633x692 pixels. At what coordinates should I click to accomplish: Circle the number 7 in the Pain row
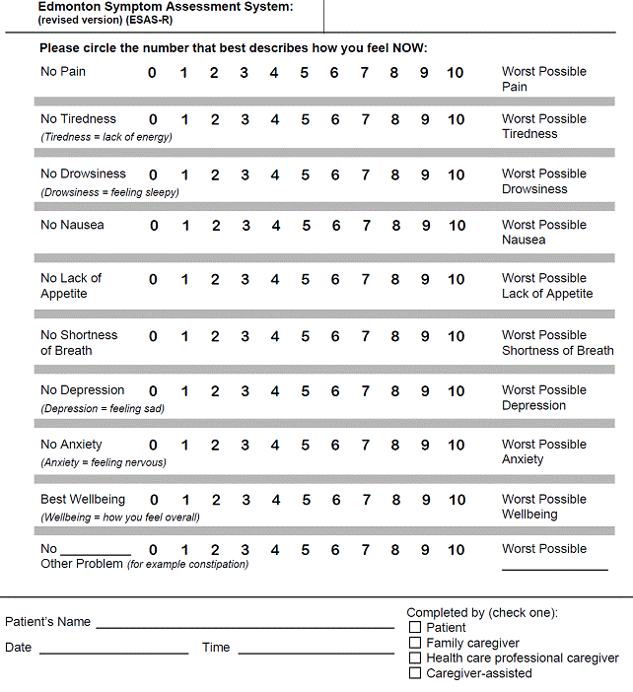point(365,72)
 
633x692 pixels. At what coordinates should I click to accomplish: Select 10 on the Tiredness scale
point(456,120)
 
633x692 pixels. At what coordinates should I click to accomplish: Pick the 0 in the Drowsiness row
point(153,175)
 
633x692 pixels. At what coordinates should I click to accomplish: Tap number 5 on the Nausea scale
point(306,226)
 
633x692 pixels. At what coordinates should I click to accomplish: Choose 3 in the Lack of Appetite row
point(246,280)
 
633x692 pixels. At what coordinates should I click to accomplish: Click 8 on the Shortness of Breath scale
point(395,336)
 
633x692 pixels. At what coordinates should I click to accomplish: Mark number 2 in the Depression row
point(215,391)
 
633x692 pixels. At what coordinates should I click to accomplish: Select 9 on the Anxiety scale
point(426,446)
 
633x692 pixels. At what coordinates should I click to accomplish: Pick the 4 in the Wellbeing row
point(276,500)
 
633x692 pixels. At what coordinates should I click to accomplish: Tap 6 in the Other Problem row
point(335,550)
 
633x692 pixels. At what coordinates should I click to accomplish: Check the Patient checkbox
point(415,628)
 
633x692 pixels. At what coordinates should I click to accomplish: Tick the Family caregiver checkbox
point(415,643)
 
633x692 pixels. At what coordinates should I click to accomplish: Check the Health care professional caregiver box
point(415,658)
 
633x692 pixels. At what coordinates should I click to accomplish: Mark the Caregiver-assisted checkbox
point(415,673)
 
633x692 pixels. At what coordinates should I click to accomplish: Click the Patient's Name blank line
point(245,625)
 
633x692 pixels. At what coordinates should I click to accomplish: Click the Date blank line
point(113,651)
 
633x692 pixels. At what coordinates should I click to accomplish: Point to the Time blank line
point(316,651)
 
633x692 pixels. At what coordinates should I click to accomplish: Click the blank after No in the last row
point(96,552)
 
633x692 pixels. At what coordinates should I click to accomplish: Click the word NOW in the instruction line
point(407,48)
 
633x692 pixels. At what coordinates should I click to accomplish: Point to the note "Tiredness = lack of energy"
point(106,137)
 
